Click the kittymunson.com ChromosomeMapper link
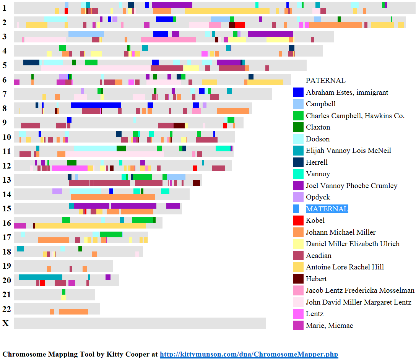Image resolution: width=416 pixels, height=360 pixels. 249,354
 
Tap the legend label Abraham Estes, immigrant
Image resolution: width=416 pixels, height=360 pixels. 347,92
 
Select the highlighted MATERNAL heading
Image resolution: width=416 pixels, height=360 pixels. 327,209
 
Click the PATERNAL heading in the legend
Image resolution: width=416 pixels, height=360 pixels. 325,81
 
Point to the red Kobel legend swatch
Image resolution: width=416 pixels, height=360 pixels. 298,221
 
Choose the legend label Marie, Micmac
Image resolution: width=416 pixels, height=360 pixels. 329,326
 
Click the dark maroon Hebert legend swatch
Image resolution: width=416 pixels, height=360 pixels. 298,279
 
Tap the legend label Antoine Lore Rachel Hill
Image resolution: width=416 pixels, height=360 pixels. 345,267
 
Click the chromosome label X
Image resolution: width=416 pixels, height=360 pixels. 5,323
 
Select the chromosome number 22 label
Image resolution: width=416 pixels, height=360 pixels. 6,309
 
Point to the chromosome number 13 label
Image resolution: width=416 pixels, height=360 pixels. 6,180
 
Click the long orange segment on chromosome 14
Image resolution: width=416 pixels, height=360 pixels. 113,197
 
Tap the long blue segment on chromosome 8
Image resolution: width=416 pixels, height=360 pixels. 96,105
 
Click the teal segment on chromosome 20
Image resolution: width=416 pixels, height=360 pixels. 41,277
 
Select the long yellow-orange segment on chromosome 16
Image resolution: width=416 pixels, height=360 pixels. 90,226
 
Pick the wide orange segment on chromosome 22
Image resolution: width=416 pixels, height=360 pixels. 73,312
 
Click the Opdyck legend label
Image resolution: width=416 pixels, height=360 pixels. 318,197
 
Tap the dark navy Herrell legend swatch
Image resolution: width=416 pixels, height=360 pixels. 298,162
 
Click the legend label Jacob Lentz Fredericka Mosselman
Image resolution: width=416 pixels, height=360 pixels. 360,290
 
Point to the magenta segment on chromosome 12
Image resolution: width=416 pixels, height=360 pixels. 70,168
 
